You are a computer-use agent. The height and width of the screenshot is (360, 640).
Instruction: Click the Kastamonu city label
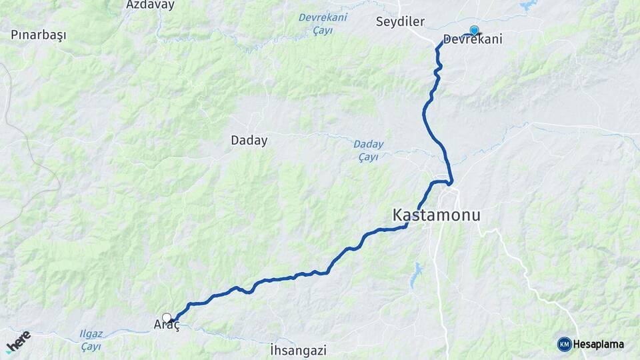tap(436, 215)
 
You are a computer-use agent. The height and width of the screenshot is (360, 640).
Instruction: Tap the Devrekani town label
tap(473, 39)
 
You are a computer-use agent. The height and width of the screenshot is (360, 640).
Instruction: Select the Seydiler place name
tap(399, 21)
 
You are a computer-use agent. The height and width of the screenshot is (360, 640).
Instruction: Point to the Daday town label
tap(249, 141)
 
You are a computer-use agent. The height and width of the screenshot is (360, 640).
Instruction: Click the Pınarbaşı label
tap(39, 35)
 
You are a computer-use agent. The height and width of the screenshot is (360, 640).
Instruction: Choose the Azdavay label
tap(150, 5)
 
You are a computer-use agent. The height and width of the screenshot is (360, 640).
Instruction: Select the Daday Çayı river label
tap(368, 150)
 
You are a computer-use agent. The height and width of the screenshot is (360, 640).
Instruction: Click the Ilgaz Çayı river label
tap(91, 341)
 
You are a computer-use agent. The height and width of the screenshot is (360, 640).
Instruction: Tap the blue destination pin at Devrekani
tap(474, 30)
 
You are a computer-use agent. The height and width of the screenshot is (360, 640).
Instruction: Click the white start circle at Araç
tap(167, 318)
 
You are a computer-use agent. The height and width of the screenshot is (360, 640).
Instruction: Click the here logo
tap(18, 341)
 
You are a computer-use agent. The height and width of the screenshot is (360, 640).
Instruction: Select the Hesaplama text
tap(599, 345)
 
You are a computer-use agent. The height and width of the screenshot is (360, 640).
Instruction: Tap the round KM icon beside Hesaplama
tap(564, 344)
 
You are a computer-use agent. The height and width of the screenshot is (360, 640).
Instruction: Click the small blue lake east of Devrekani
tap(529, 5)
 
